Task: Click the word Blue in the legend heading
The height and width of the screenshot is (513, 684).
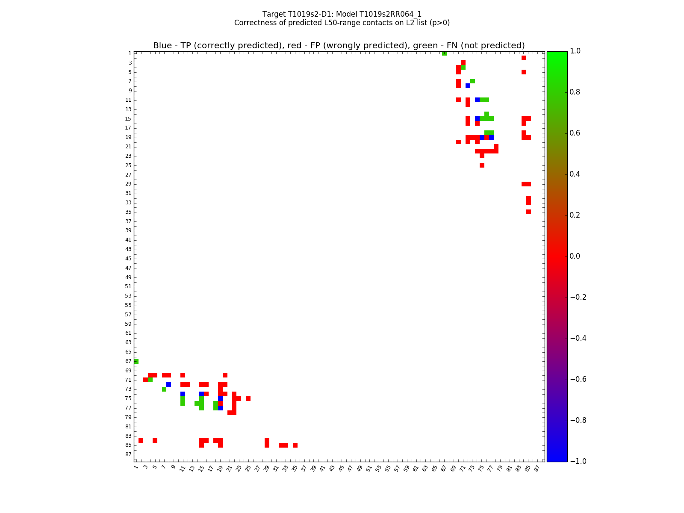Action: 162,46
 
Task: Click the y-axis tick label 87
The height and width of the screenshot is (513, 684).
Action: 128,454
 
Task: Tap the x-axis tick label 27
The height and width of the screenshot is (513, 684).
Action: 257,469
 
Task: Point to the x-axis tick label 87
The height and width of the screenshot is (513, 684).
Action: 537,469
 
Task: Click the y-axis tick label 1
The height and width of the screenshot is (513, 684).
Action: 130,53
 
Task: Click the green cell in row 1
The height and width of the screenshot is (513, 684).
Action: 444,53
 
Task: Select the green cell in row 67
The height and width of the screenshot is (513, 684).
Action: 136,361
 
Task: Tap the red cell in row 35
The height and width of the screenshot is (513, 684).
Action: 528,212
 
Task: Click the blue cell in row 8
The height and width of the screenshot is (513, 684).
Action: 468,86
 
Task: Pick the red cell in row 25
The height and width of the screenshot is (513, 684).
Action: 482,165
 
